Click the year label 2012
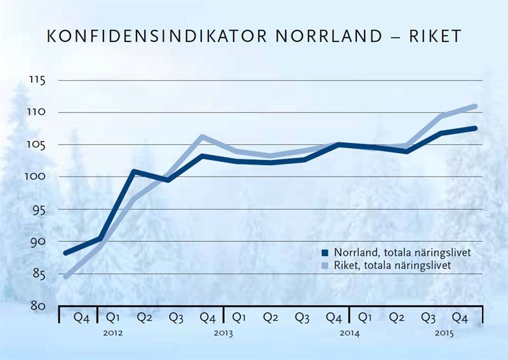112,333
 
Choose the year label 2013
224,333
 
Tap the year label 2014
349,333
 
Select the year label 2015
444,333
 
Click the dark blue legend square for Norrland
325,253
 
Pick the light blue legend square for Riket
325,266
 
